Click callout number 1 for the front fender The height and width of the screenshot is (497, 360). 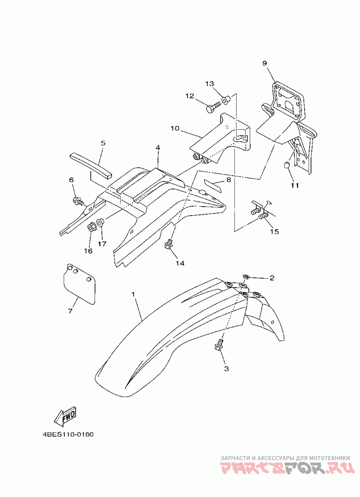click(x=133, y=294)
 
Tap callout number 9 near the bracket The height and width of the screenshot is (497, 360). click(x=265, y=63)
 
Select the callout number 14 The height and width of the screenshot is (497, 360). click(x=180, y=262)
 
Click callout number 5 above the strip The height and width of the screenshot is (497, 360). click(x=103, y=143)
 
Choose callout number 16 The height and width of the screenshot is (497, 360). click(x=88, y=251)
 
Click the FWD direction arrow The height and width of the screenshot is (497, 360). click(x=65, y=416)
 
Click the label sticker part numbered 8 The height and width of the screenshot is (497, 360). click(x=213, y=185)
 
